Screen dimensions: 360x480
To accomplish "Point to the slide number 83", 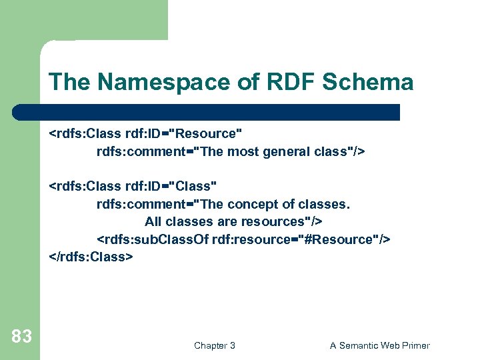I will pos(21,337).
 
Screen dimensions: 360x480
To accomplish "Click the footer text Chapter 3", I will pos(214,345).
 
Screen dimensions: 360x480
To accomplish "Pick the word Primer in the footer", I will pos(414,345).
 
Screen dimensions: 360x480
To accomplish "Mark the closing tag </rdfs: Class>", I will pos(91,256).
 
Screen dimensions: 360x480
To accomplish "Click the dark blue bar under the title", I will pos(207,111).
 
